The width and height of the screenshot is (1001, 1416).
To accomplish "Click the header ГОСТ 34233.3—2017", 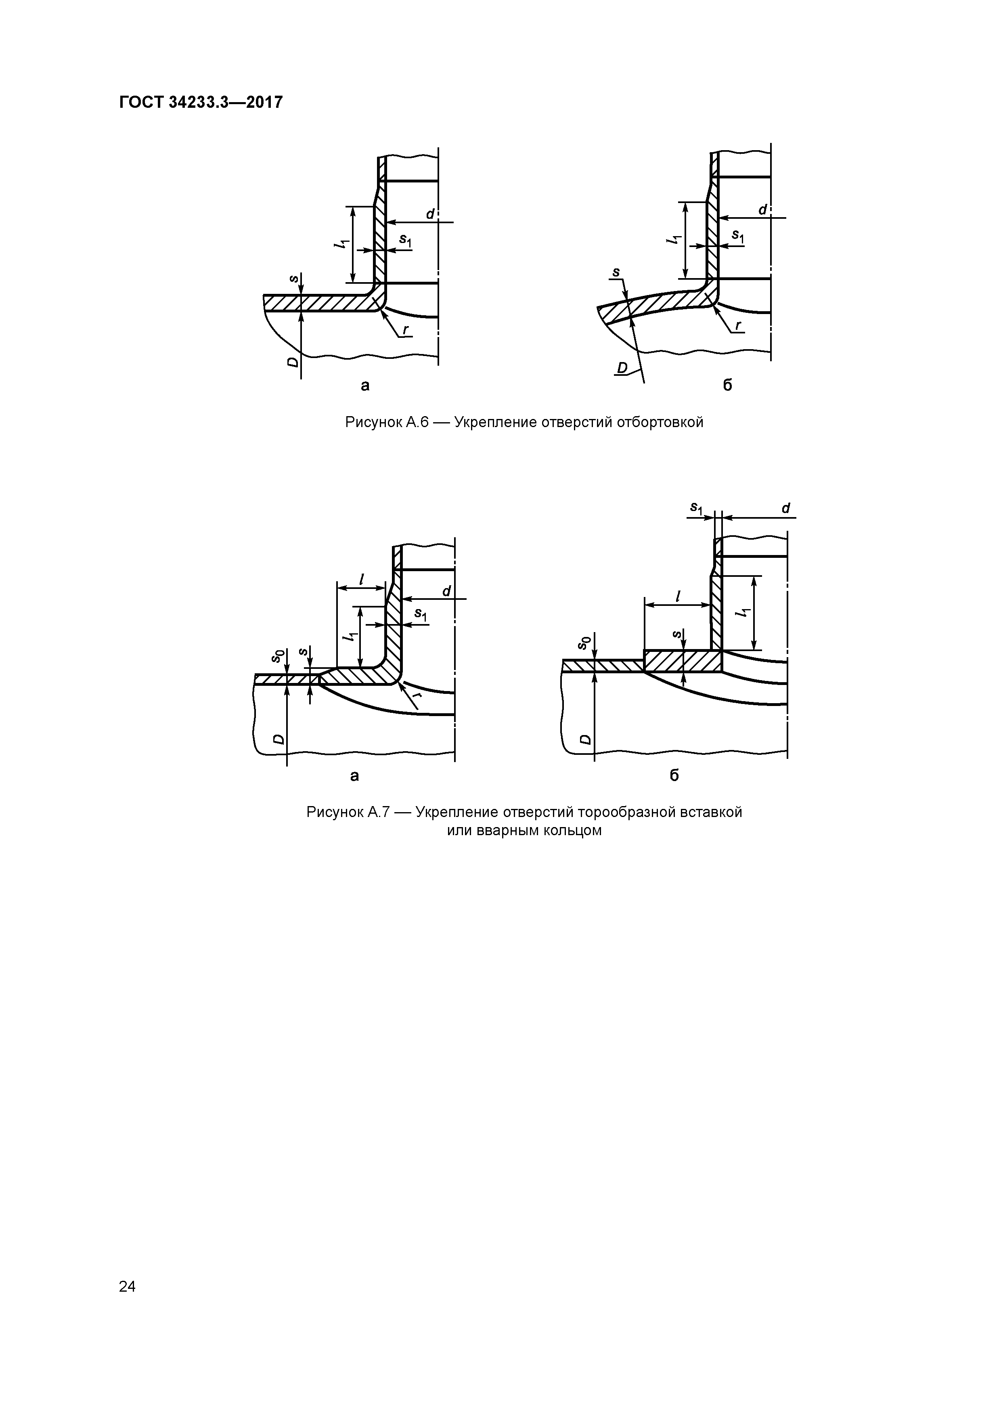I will (x=201, y=102).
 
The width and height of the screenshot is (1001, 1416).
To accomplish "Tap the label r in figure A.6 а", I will (x=405, y=330).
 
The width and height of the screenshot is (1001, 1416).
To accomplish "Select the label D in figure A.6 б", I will (x=622, y=368).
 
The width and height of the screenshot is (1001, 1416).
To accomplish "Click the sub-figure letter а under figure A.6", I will (x=365, y=386).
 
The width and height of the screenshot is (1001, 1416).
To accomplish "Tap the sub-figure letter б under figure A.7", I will (x=674, y=776).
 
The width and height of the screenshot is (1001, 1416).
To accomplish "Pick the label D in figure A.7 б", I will (x=585, y=739).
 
